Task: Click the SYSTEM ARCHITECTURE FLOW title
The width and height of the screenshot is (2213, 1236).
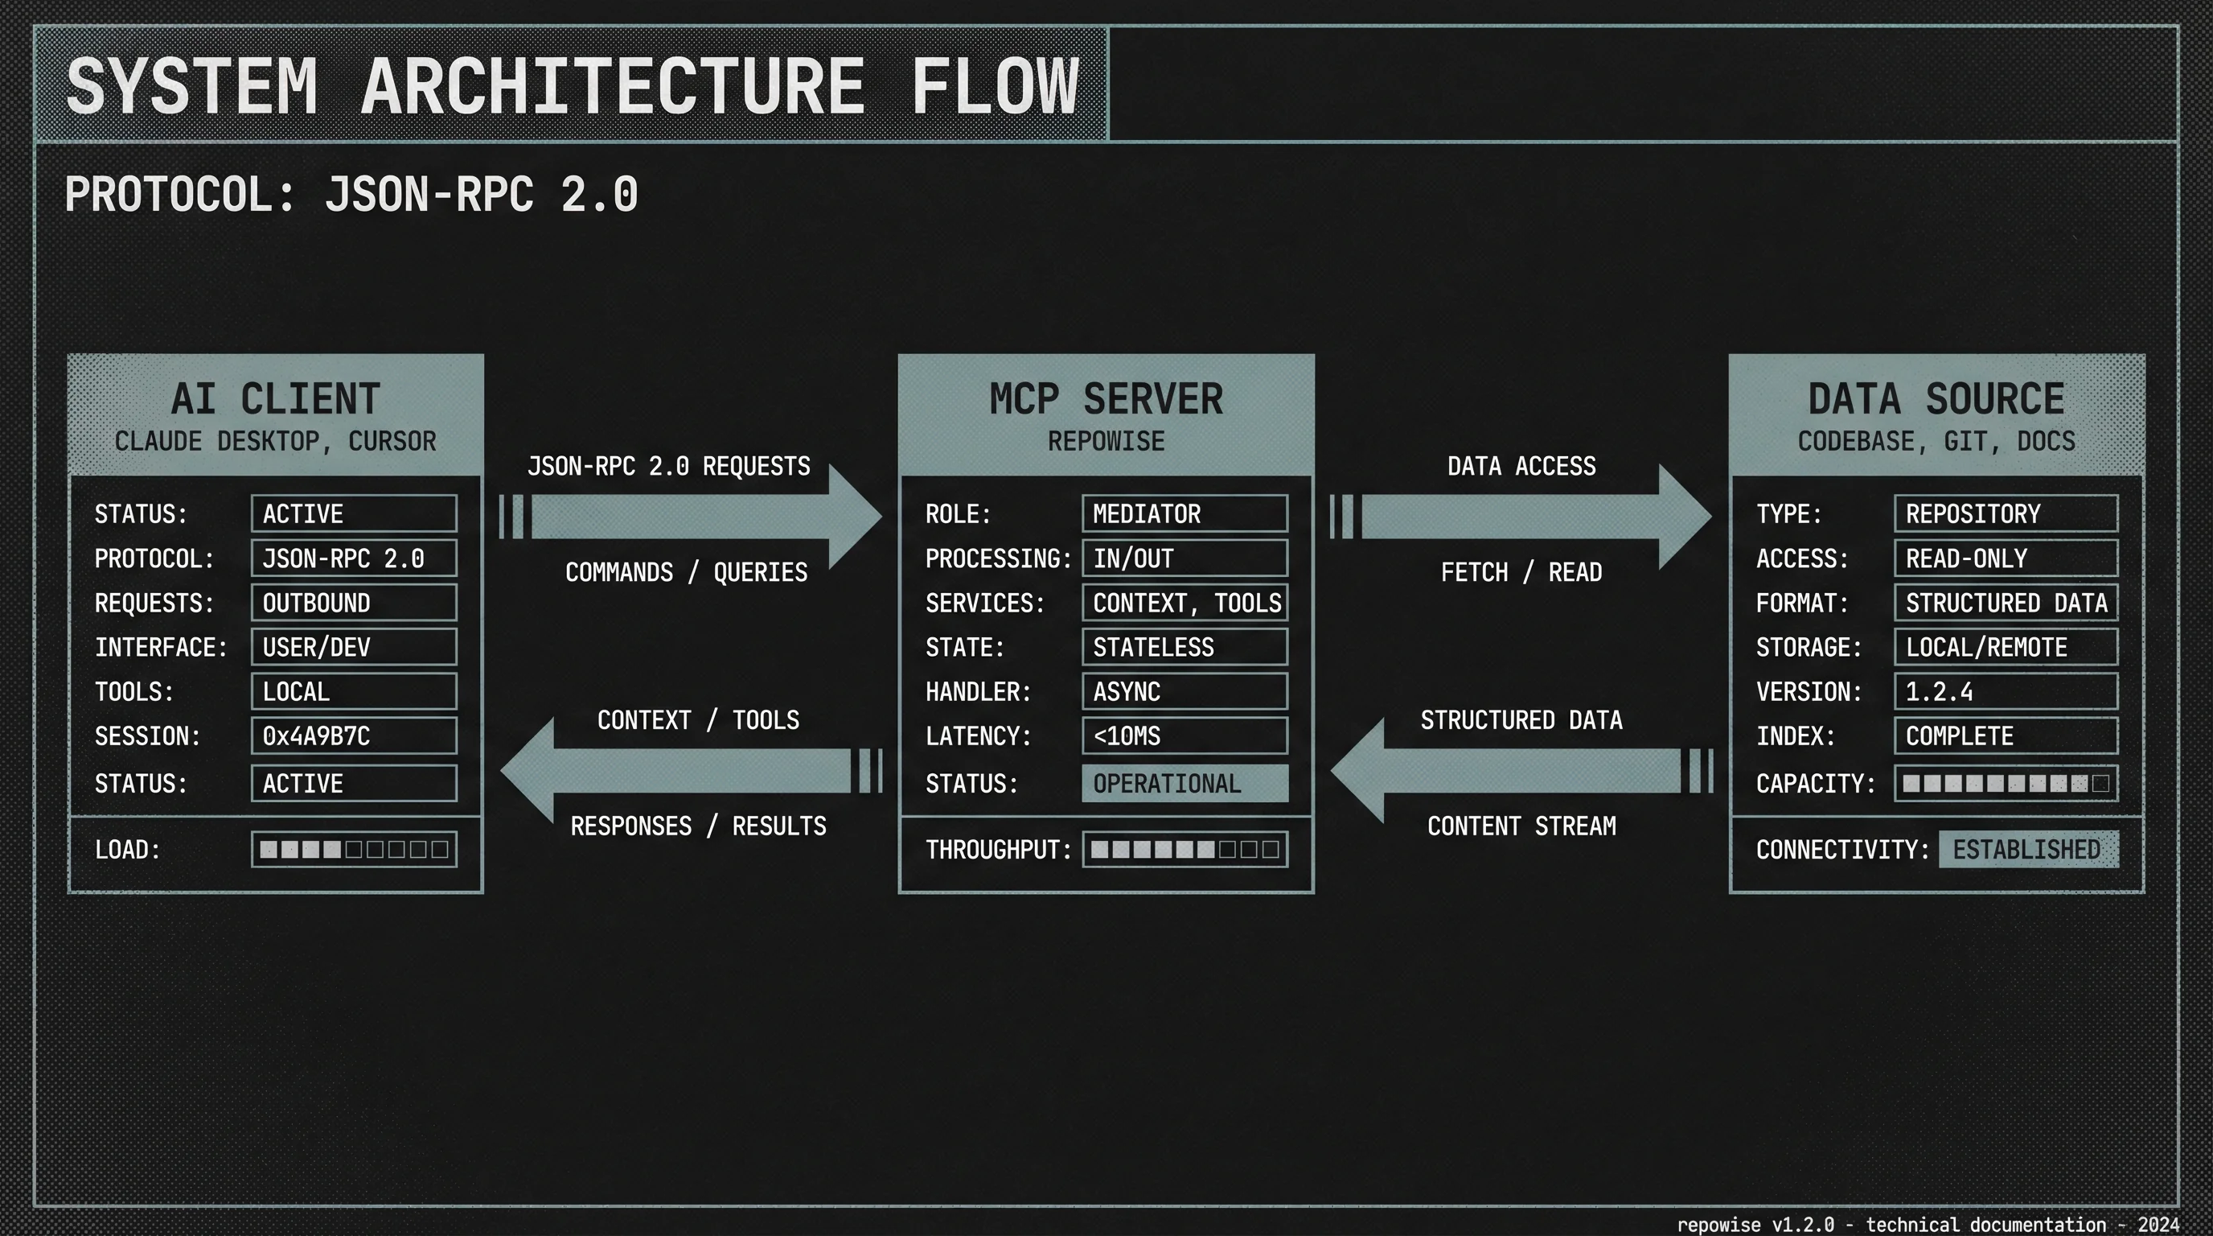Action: click(x=571, y=86)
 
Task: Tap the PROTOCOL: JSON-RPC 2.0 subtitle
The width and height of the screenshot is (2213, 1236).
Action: click(x=351, y=194)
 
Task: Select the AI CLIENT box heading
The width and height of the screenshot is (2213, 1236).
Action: click(x=275, y=399)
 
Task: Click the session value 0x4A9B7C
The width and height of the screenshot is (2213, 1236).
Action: click(x=353, y=735)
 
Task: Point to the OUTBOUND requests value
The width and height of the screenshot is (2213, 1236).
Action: click(x=353, y=603)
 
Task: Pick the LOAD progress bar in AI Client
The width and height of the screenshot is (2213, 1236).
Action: click(x=353, y=849)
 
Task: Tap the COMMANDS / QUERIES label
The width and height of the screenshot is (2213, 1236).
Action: click(x=686, y=572)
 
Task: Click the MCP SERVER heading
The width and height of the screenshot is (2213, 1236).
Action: click(x=1106, y=399)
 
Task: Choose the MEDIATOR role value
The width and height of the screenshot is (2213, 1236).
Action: click(x=1184, y=514)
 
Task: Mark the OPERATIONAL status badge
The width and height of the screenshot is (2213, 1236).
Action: click(x=1184, y=783)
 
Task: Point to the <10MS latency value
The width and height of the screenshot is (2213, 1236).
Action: click(x=1184, y=735)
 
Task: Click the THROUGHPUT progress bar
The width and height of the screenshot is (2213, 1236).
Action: click(x=1184, y=849)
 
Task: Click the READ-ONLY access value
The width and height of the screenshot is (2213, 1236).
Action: click(x=2005, y=558)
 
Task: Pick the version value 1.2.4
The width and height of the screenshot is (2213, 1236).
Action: click(x=2005, y=691)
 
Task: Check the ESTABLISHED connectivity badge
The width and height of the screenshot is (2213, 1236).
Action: click(x=2027, y=849)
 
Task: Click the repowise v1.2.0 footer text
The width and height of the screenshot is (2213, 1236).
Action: click(x=1927, y=1224)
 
